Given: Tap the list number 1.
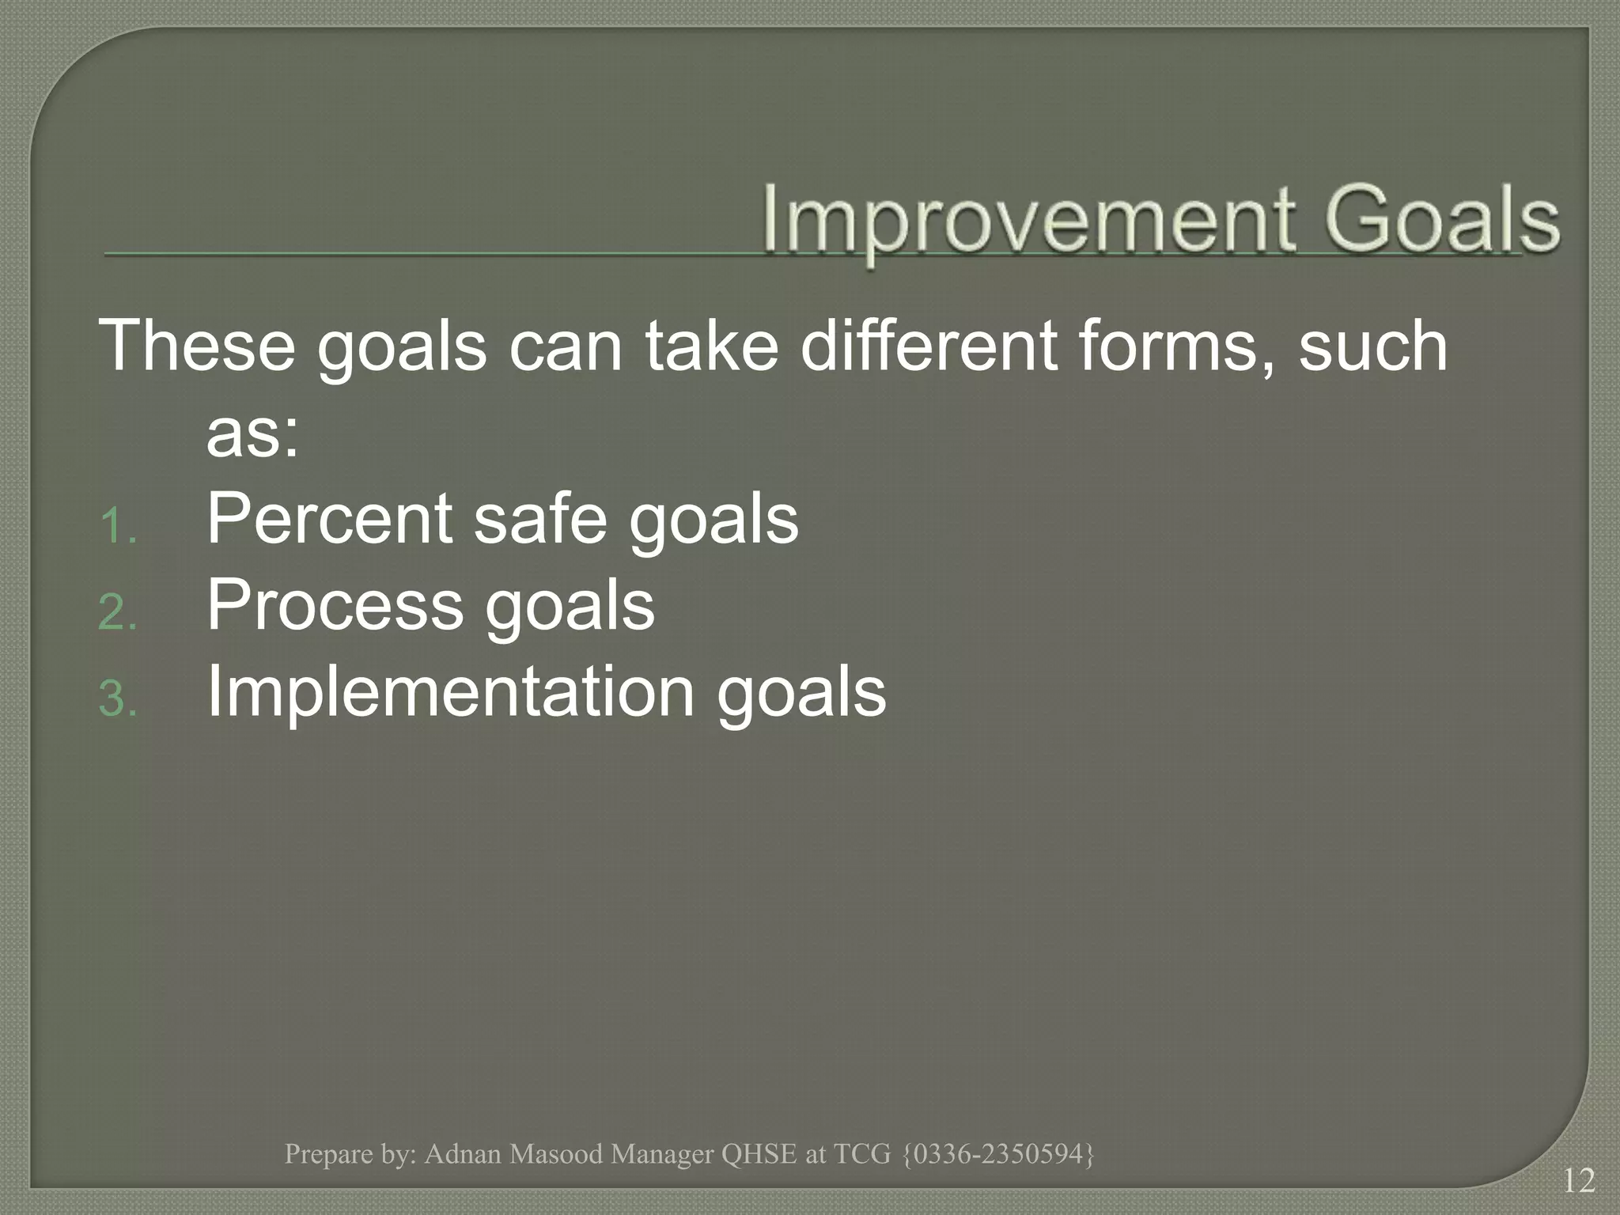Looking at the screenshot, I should point(117,527).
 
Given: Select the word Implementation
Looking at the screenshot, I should point(451,691).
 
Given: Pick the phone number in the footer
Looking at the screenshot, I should point(997,1154).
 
